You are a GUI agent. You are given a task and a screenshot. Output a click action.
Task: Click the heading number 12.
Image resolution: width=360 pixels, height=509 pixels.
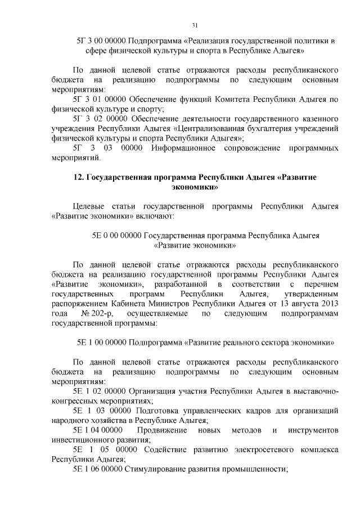[x=78, y=178]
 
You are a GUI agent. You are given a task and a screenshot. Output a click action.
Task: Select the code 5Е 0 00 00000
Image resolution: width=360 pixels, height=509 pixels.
[x=116, y=236]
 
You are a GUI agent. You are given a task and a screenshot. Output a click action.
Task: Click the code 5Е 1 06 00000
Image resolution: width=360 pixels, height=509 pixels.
[x=98, y=470]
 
